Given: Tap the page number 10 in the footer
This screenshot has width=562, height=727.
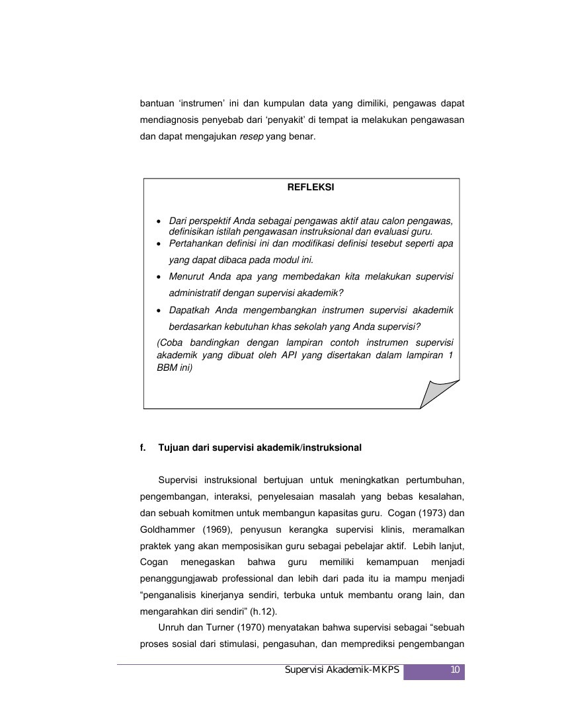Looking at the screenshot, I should pos(455,670).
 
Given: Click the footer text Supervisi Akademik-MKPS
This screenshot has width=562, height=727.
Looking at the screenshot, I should pos(342,670).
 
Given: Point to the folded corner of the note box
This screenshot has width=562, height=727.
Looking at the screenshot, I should pos(437,395).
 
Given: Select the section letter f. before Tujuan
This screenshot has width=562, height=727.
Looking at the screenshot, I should pos(143,447).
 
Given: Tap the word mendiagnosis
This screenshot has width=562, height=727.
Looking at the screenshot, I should pos(171,121).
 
